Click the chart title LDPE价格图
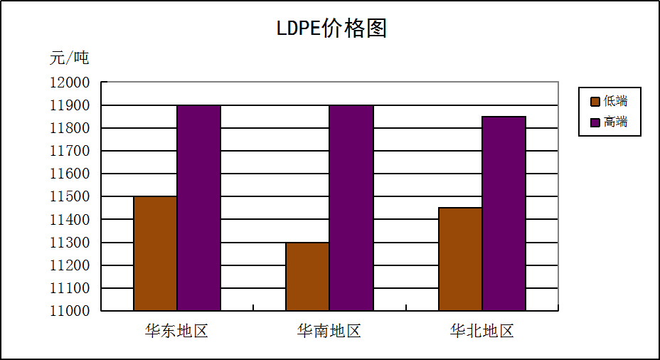[331, 28]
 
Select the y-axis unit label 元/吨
[69, 58]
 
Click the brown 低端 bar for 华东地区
[155, 253]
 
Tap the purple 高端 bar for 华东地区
[198, 208]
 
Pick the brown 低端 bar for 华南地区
[307, 276]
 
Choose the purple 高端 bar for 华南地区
[351, 208]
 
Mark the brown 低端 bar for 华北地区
[460, 259]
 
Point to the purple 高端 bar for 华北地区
[504, 213]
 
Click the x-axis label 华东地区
[176, 331]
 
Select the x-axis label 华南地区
[329, 331]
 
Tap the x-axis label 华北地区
[481, 331]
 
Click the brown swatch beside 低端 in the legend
[595, 101]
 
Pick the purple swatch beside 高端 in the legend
[595, 122]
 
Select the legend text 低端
[616, 101]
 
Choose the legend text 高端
[616, 122]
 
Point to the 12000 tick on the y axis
[70, 83]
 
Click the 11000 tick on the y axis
[70, 311]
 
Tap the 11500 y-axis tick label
[70, 196]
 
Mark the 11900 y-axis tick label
[70, 105]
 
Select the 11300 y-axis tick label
[70, 243]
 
